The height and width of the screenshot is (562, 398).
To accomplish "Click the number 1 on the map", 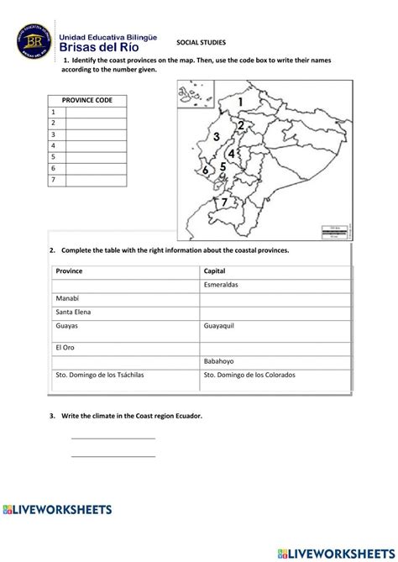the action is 242,102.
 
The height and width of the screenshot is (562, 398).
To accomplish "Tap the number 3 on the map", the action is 217,136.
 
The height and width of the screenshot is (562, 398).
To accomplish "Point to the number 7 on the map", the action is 224,202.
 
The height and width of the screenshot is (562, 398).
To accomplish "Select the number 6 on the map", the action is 206,171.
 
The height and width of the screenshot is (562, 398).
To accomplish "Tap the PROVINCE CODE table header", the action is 87,100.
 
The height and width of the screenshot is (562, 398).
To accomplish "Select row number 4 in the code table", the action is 54,145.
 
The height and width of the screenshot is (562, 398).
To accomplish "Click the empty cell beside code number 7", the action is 96,180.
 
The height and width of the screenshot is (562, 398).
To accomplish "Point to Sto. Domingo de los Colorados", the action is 249,375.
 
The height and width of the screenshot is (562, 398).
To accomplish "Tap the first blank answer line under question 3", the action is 113,438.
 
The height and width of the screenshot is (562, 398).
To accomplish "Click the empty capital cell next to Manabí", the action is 275,298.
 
